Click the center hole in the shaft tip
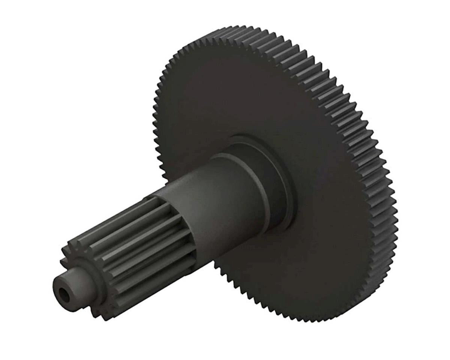[64, 295]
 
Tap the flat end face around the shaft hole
[59, 289]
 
